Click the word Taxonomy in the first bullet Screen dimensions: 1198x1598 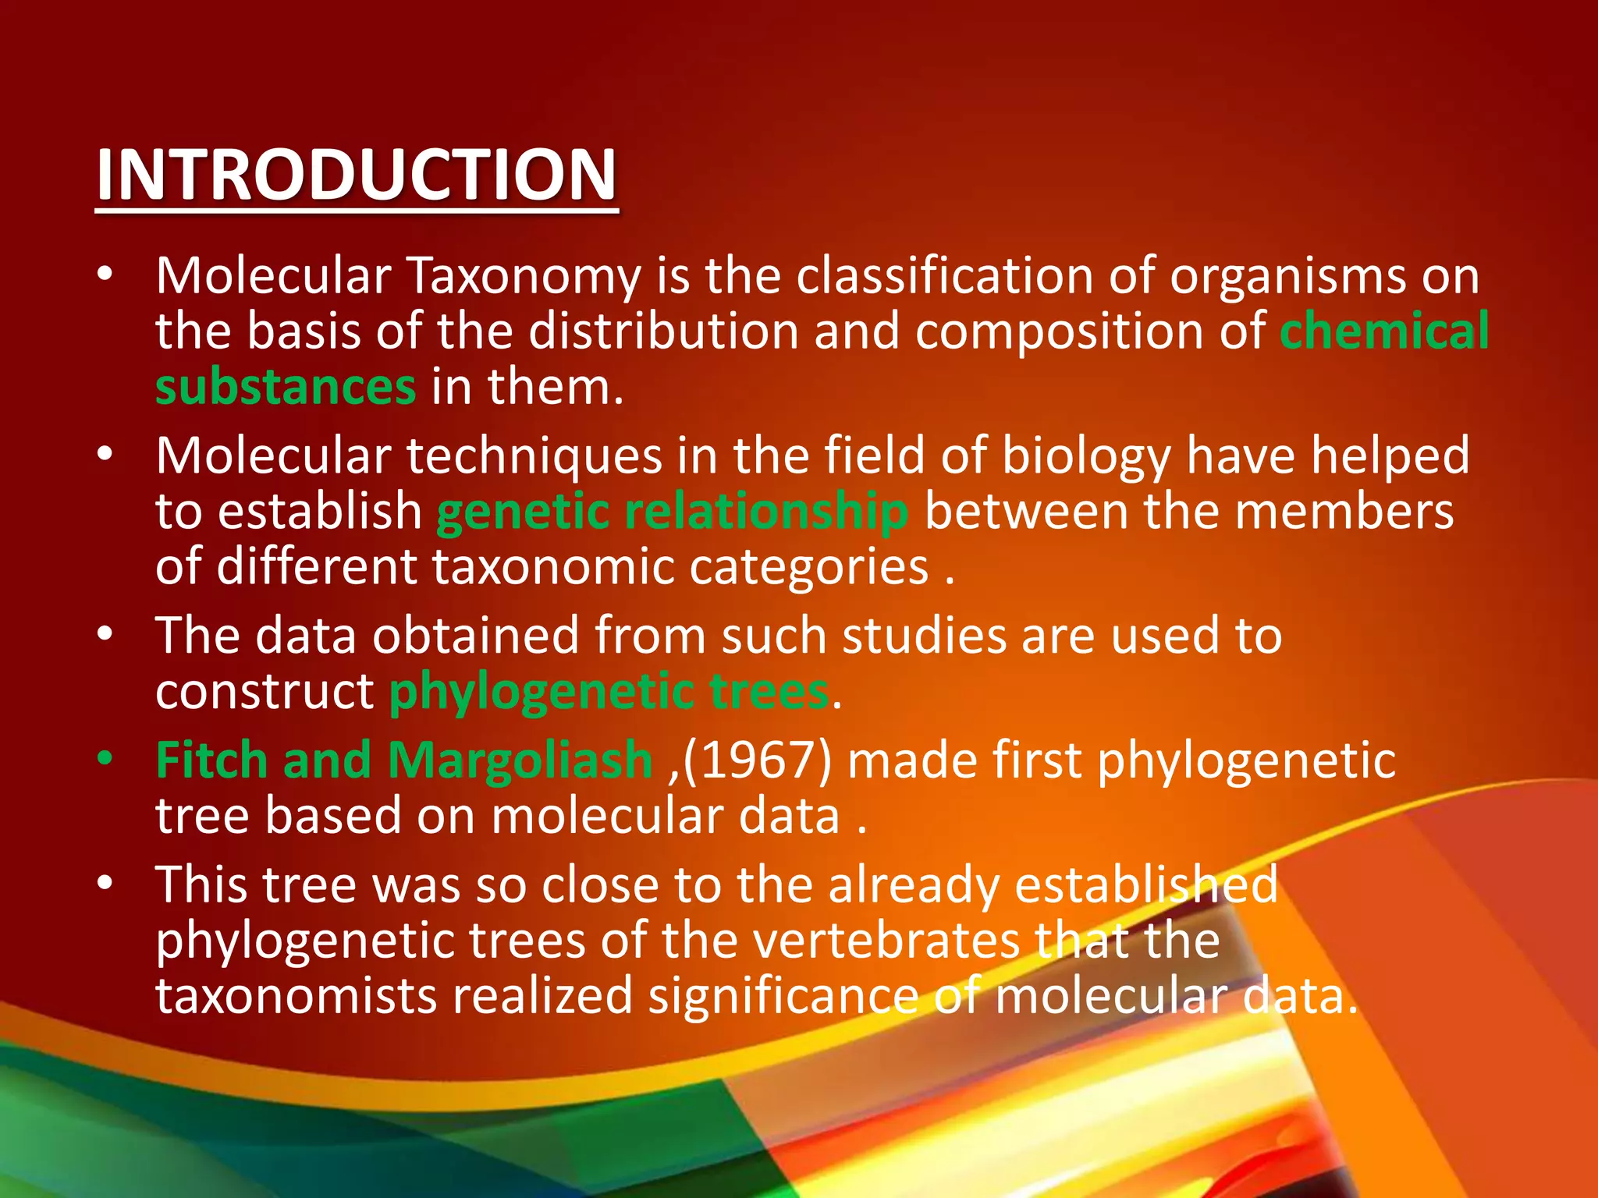pos(524,276)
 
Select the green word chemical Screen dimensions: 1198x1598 pos(1384,331)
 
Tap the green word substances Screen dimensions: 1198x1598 pos(286,387)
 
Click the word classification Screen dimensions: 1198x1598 pos(943,276)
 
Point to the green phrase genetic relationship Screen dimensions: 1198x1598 pos(672,512)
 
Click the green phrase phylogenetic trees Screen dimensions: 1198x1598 pos(609,692)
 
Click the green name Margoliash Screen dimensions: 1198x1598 pos(520,760)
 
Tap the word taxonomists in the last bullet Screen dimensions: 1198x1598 pos(296,997)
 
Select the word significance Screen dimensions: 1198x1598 pos(783,997)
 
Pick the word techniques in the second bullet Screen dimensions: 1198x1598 pos(534,455)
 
